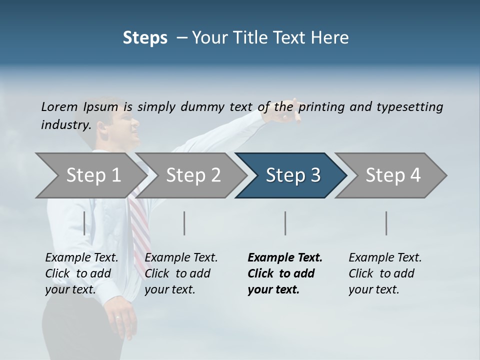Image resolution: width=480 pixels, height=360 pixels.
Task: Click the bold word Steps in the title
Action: (145, 38)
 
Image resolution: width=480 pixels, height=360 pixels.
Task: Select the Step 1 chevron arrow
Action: (90, 175)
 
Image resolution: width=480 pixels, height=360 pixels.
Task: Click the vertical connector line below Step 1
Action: (84, 223)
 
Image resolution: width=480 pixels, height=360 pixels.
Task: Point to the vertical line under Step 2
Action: (184, 223)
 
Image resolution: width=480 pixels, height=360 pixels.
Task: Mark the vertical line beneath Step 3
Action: (285, 223)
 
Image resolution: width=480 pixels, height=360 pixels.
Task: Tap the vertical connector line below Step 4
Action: (386, 223)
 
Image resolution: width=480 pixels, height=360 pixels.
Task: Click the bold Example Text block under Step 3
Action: (285, 273)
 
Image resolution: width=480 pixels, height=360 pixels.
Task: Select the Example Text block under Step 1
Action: (81, 273)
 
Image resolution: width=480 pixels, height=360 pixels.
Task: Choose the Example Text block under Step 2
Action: (181, 273)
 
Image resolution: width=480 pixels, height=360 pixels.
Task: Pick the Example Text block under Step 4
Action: (385, 273)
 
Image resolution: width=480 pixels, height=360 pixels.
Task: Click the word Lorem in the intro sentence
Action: (59, 106)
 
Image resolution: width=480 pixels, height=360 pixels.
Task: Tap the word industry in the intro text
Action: (65, 124)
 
